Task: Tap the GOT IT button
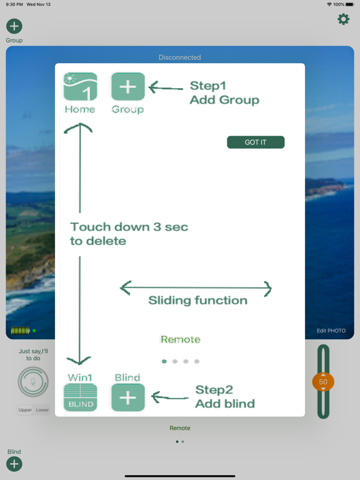point(256,142)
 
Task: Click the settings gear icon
point(344,19)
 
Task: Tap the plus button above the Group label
point(14,26)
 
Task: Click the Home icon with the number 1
point(80,87)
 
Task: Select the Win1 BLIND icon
point(80,397)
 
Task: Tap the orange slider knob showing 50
point(323,382)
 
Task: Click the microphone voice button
point(33,382)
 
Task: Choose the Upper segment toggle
point(25,410)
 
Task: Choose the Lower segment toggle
point(42,410)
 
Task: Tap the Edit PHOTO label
point(331,331)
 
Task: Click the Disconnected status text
point(180,57)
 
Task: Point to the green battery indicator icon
point(21,331)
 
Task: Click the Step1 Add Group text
point(224,92)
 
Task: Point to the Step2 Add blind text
point(225,397)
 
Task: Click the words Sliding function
point(197,300)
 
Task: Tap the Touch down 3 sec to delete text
point(129,234)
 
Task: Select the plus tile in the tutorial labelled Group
point(128,87)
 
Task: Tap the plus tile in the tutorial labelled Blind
point(128,397)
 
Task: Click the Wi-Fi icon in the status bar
point(329,4)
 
